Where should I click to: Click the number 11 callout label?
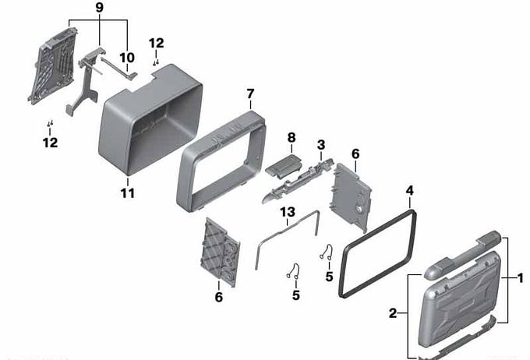click(x=127, y=193)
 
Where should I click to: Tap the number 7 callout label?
click(x=250, y=94)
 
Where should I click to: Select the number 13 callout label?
click(x=288, y=212)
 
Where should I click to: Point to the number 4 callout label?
click(x=409, y=191)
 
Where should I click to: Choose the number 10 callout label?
click(x=127, y=58)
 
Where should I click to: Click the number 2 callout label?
click(x=392, y=313)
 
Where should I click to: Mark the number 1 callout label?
click(x=521, y=278)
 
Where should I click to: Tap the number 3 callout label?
click(x=321, y=145)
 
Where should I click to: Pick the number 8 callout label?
click(x=291, y=138)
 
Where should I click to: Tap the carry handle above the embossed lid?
click(x=462, y=255)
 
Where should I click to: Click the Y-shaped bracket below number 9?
click(x=84, y=84)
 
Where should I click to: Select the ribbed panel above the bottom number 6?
click(x=221, y=252)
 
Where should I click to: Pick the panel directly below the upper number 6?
click(x=351, y=198)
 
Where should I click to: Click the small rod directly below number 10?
click(x=118, y=69)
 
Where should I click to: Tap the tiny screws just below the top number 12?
click(x=156, y=62)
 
